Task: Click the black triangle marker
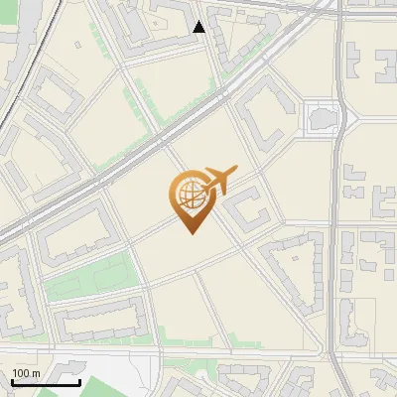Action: tap(199, 27)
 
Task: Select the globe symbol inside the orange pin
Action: tap(188, 196)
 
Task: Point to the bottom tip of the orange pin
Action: tap(191, 233)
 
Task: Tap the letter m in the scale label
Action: tap(37, 373)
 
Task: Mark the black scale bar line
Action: tap(45, 382)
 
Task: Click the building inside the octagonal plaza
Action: tap(321, 118)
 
